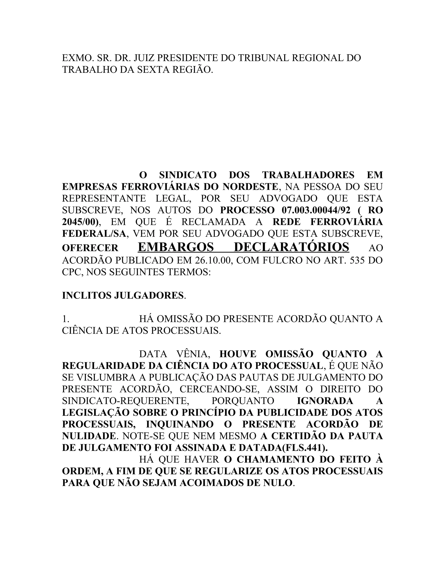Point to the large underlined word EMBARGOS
click(x=176, y=247)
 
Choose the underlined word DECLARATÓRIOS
click(x=291, y=247)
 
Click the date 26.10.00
click(x=214, y=260)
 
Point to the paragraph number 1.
click(x=65, y=319)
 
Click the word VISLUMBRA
click(x=109, y=377)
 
